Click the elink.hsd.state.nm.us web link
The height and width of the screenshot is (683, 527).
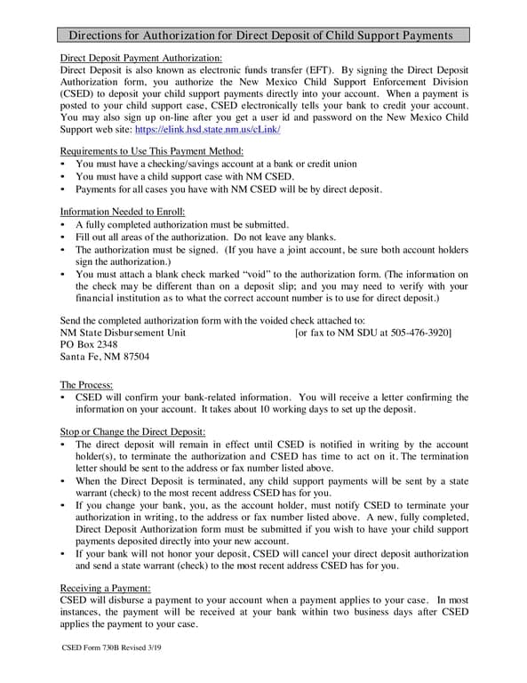tap(208, 130)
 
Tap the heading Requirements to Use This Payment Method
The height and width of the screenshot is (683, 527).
tap(145, 151)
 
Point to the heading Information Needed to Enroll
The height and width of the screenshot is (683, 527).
tap(122, 212)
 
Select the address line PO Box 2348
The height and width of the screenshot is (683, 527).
tap(88, 344)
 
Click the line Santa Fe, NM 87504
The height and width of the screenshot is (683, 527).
tap(104, 357)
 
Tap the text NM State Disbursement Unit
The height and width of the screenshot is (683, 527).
tap(123, 333)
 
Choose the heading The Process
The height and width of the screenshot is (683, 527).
tap(86, 384)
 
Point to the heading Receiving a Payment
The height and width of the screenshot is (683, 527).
tap(105, 588)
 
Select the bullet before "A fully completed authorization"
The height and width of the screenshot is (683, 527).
tap(63, 226)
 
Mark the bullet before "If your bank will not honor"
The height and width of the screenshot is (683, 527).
tap(63, 554)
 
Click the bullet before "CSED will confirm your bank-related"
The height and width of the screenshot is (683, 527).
tap(63, 398)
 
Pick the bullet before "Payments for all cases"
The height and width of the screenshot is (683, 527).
tap(63, 189)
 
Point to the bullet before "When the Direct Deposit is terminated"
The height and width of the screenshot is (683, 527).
tap(63, 481)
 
